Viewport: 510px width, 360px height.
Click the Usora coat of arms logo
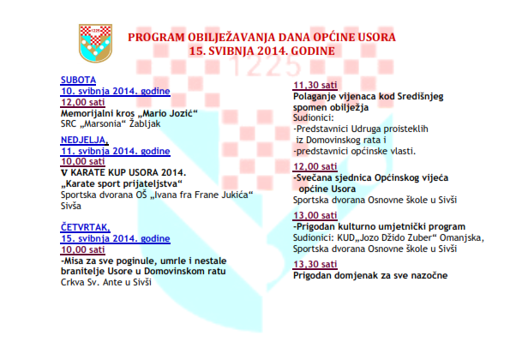point(96,43)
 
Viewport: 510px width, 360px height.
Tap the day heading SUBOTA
point(78,80)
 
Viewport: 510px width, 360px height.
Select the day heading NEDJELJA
point(84,140)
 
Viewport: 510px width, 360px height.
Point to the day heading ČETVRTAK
point(85,227)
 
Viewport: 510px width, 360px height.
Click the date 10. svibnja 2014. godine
point(116,91)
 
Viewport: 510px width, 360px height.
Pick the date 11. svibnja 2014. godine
point(116,151)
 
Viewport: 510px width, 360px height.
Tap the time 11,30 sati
point(315,85)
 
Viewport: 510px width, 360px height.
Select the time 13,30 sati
point(315,264)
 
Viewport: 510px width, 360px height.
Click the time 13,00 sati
point(315,215)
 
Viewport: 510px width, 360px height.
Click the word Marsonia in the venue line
point(104,124)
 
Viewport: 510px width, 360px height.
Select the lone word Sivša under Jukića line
point(71,207)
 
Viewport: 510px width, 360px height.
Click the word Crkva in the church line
point(71,282)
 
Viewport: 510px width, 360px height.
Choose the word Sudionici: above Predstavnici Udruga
point(313,117)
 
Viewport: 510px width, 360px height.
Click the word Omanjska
point(461,238)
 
